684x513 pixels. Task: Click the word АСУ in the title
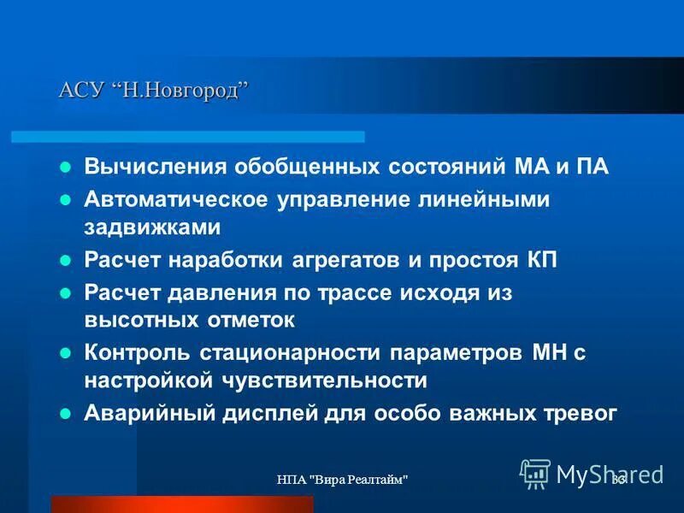coord(80,90)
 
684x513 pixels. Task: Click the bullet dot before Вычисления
coord(65,167)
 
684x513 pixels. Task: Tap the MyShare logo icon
coord(535,473)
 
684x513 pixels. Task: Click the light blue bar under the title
coord(188,136)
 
